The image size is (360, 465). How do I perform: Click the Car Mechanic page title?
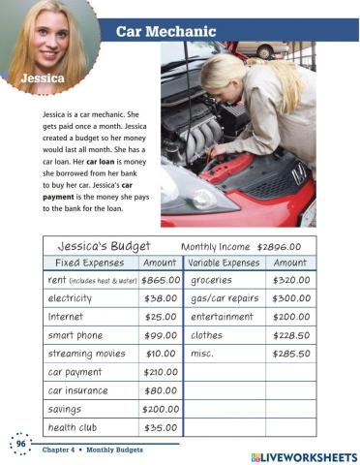pos(171,31)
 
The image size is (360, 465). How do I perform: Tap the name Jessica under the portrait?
pos(38,77)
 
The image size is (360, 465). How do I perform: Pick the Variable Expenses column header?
pos(224,263)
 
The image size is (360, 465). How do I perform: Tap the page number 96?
pos(19,443)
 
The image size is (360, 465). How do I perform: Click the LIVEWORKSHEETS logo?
pos(303,455)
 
